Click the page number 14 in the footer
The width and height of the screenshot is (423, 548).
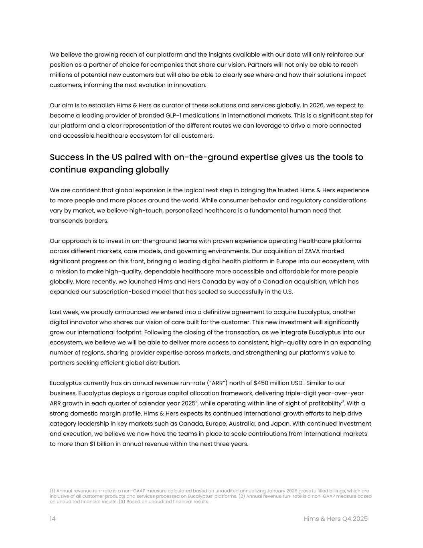[x=53, y=519]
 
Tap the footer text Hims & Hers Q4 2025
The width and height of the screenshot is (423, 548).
[x=335, y=519]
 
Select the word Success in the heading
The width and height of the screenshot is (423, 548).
[x=66, y=157]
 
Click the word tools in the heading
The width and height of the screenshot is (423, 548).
[x=343, y=157]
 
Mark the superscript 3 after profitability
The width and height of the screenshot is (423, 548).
[x=343, y=401]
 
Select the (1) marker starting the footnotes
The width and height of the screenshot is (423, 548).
[x=53, y=491]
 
